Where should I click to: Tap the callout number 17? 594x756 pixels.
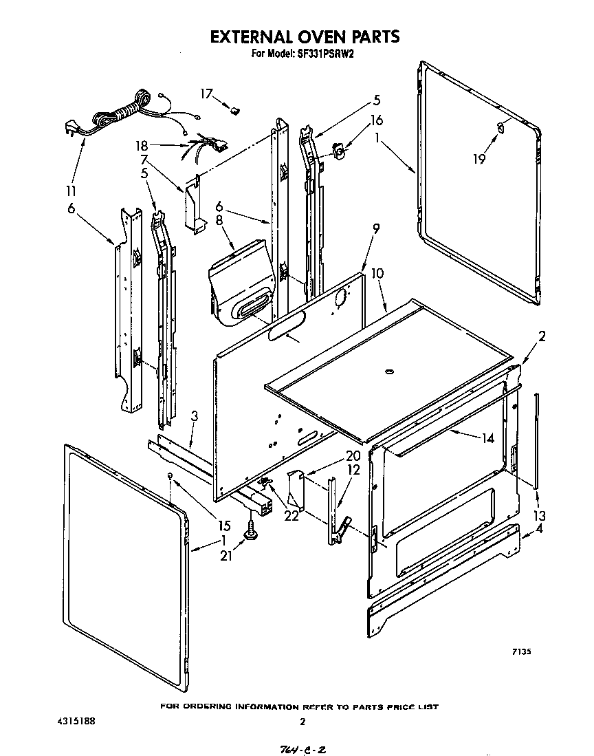tap(206, 93)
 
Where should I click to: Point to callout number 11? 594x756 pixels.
tap(71, 191)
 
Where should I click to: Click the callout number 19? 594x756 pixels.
tap(479, 159)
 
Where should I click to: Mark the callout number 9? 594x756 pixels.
tap(376, 228)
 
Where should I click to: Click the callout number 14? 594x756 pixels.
tap(487, 438)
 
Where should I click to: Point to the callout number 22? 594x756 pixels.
tap(291, 516)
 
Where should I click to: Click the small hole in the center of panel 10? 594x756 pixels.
tap(390, 372)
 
